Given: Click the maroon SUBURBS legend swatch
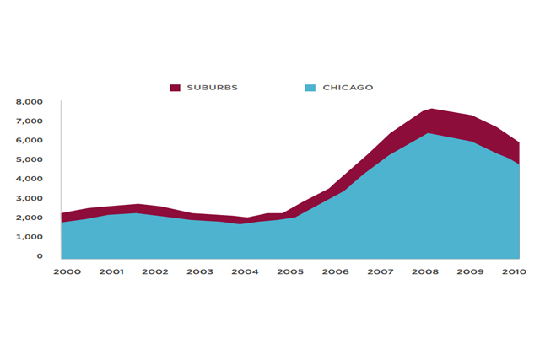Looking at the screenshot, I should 175,88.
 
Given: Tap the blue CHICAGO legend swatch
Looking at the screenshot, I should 310,88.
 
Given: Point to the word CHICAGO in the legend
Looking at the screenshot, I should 348,88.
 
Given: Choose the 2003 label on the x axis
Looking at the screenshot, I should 200,272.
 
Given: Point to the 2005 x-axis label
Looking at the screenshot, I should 290,272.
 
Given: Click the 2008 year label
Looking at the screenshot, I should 424,272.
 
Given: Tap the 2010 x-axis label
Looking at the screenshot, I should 514,272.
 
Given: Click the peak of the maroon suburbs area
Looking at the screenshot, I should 431,110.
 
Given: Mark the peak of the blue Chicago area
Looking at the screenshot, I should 429,134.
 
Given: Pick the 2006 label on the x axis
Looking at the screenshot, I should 335,272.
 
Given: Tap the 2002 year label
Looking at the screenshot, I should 155,272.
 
